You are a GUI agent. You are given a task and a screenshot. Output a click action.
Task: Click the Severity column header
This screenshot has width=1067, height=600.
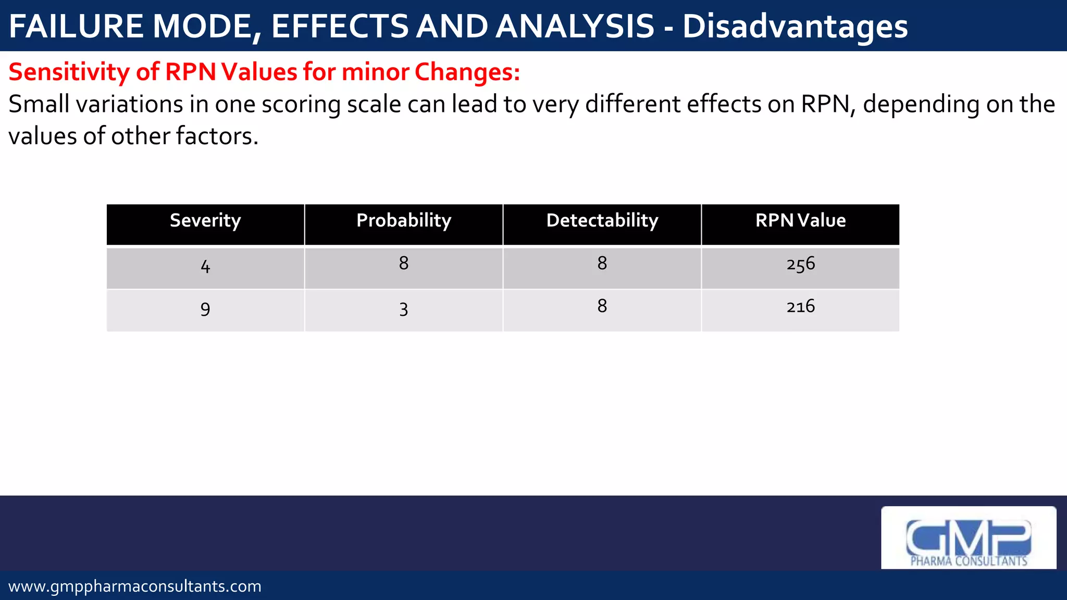(x=205, y=221)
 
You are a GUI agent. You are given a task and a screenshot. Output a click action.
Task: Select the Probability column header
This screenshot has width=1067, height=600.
(x=404, y=221)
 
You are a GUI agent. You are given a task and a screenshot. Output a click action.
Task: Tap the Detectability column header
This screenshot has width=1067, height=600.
(x=602, y=221)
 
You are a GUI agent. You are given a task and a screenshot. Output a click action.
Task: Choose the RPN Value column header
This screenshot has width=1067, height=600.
(x=800, y=221)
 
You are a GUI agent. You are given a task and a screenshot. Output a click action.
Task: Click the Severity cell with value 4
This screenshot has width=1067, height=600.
(x=205, y=267)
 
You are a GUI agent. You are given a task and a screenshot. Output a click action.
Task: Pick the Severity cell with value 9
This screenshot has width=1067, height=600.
(x=205, y=309)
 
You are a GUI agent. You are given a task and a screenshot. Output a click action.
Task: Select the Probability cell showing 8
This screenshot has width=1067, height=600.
(x=404, y=264)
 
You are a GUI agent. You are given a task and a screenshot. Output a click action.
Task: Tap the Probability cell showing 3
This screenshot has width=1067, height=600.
(x=404, y=309)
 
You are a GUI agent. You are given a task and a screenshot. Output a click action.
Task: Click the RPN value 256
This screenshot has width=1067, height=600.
(x=800, y=264)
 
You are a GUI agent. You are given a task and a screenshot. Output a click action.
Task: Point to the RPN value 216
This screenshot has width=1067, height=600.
(x=800, y=306)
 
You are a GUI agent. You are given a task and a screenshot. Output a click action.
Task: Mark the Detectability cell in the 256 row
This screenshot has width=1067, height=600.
(x=602, y=264)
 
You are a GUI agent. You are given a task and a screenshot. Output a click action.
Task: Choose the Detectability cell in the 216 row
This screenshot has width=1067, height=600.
(x=602, y=306)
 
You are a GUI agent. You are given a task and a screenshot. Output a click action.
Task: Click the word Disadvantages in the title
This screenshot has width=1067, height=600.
(x=795, y=27)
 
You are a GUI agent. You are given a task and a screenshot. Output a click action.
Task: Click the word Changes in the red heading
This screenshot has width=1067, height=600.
(x=467, y=72)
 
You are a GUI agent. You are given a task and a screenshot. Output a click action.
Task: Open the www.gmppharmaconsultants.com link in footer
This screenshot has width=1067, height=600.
(x=135, y=586)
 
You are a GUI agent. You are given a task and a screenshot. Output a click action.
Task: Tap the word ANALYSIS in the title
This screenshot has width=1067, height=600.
(x=575, y=27)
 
